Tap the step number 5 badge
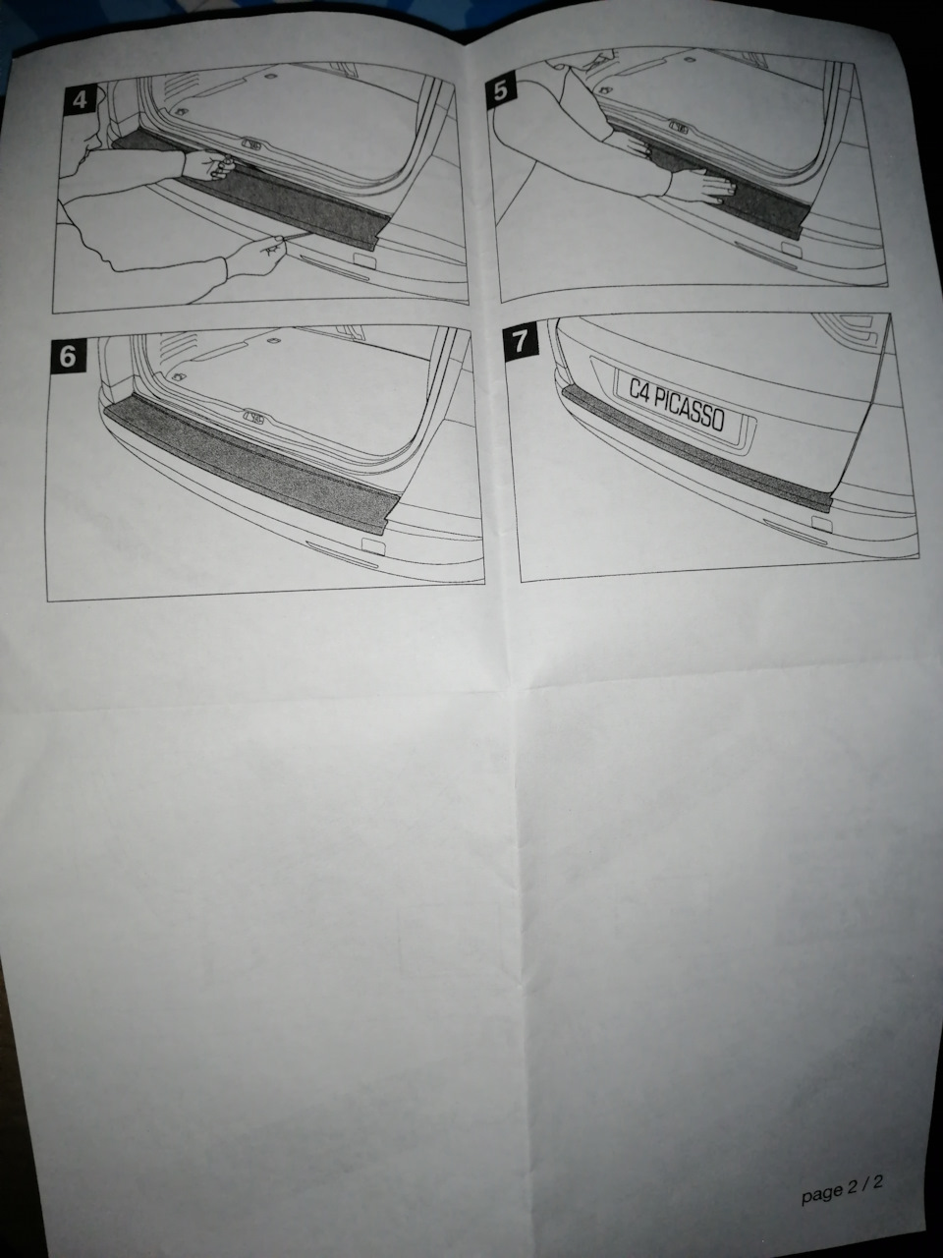(501, 91)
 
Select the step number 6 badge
(67, 356)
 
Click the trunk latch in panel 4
(252, 145)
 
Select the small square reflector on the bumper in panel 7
(817, 526)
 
